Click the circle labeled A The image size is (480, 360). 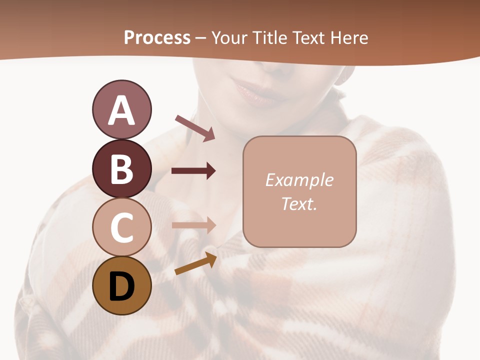[x=121, y=110]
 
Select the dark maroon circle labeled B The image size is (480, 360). [x=121, y=168]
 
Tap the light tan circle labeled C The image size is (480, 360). [x=121, y=227]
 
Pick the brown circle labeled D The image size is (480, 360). [x=121, y=285]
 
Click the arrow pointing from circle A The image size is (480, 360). [x=195, y=127]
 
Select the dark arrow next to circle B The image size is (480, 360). [x=193, y=171]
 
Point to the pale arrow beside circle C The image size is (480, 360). [x=193, y=225]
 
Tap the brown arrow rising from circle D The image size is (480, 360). [x=195, y=263]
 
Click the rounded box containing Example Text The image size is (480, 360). [x=299, y=191]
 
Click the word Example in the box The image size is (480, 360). [x=299, y=180]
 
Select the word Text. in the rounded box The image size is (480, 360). [x=299, y=204]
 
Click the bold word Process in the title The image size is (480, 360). [x=157, y=37]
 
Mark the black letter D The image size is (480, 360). [x=121, y=286]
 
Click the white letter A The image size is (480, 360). [x=121, y=110]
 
